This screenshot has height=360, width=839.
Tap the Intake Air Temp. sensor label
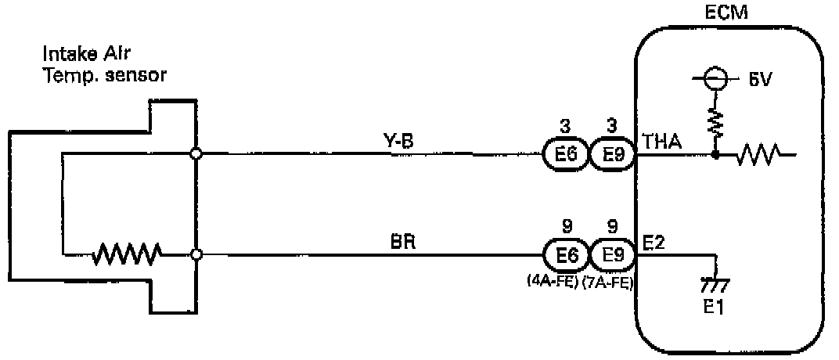[x=106, y=66]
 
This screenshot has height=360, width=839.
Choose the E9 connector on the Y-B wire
[x=611, y=155]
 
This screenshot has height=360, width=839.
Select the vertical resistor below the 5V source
[x=714, y=120]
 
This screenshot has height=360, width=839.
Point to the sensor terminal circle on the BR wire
[x=196, y=254]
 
